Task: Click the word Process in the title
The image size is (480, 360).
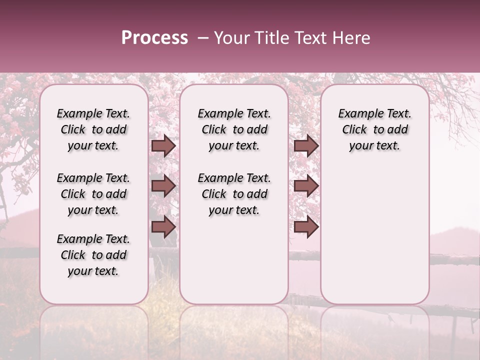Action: point(154,38)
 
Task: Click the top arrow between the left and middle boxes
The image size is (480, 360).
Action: point(163,145)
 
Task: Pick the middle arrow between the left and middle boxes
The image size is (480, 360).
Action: point(163,186)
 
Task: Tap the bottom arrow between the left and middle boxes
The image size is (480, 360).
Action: point(163,226)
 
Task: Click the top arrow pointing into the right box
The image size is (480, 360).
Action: point(306,145)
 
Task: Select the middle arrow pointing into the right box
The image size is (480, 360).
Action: point(306,186)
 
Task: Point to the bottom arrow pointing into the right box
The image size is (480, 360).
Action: point(306,226)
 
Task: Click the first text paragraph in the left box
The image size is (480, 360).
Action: point(93,129)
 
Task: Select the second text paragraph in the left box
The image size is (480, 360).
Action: point(93,194)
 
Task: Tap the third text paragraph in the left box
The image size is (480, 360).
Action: point(93,255)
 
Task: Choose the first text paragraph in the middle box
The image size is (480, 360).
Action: point(234,129)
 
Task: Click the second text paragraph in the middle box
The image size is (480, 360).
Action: point(234,194)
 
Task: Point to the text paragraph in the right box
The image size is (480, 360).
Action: point(374,129)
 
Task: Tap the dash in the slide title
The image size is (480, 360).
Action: point(202,38)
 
